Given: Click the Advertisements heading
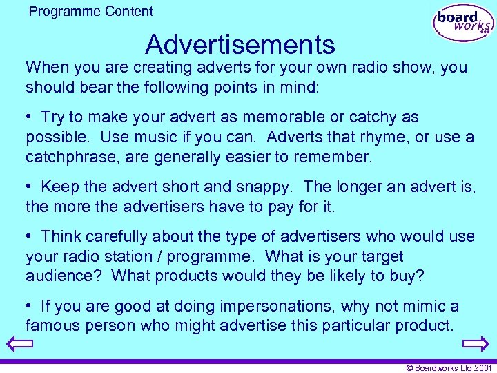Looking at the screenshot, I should click(x=240, y=45).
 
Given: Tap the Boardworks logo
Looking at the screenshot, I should click(x=463, y=23).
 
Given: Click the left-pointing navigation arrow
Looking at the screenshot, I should click(x=19, y=343).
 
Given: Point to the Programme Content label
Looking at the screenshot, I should click(x=91, y=11).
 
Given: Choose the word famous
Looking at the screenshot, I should click(x=55, y=325).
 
